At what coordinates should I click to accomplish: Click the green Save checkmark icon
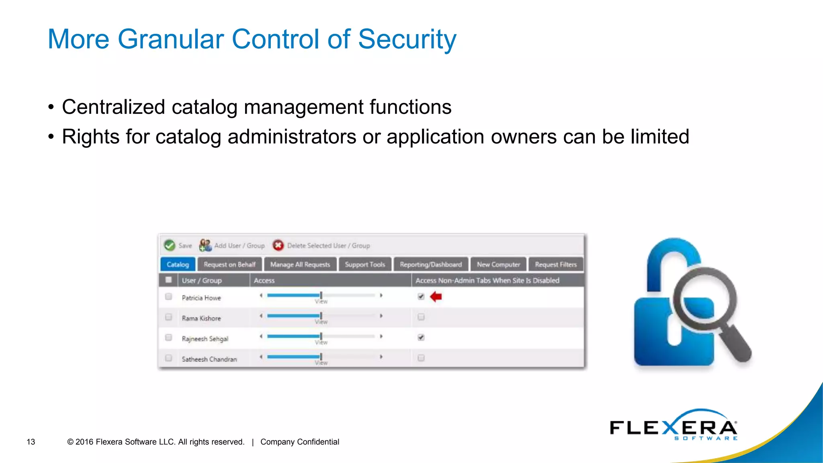(170, 245)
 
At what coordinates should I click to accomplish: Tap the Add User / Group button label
(239, 246)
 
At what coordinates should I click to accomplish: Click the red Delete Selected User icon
(278, 245)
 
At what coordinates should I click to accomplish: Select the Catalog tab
(178, 264)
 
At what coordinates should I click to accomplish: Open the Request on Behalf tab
(229, 264)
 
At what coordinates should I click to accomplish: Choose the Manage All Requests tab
(300, 264)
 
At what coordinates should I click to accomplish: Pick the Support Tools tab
(365, 264)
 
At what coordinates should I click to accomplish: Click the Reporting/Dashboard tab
(431, 264)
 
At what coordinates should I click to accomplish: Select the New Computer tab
(498, 264)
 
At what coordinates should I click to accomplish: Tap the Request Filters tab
(556, 264)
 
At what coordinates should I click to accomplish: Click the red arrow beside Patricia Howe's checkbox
(436, 297)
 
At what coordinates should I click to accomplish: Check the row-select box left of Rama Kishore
(169, 317)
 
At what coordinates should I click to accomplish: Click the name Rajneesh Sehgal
(205, 339)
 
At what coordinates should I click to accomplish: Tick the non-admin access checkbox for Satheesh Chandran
(421, 358)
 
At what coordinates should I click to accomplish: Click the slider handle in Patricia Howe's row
(321, 295)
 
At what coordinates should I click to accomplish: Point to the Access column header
(264, 281)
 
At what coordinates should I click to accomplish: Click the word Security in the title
(407, 39)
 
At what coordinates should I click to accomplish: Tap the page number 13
(31, 442)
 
